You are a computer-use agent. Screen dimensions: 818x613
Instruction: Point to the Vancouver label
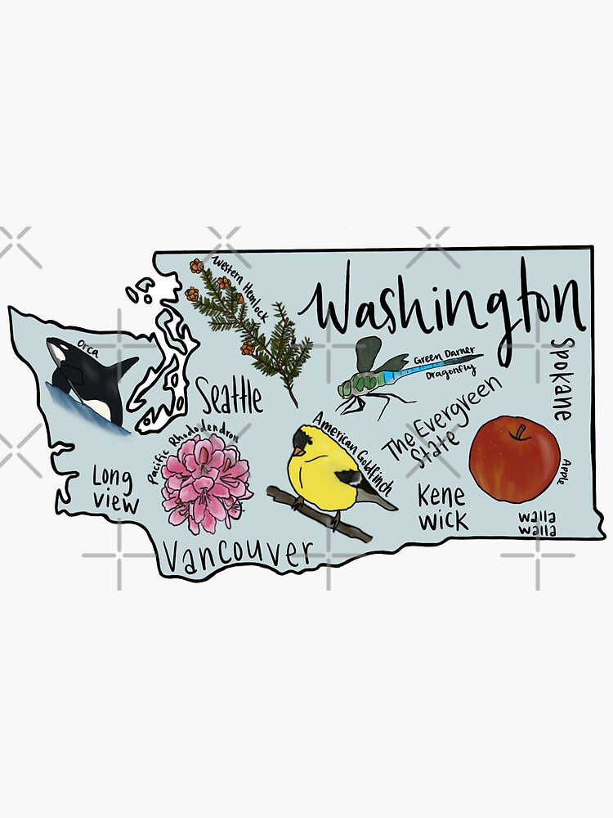click(x=237, y=556)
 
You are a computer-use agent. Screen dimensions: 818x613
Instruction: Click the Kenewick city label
click(x=442, y=507)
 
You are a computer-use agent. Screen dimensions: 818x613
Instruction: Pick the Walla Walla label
click(x=537, y=524)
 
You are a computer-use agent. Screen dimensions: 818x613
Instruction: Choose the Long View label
click(x=114, y=490)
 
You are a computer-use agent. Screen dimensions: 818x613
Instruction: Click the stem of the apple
click(x=518, y=430)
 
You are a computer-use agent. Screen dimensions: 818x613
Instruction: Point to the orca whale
click(x=86, y=380)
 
